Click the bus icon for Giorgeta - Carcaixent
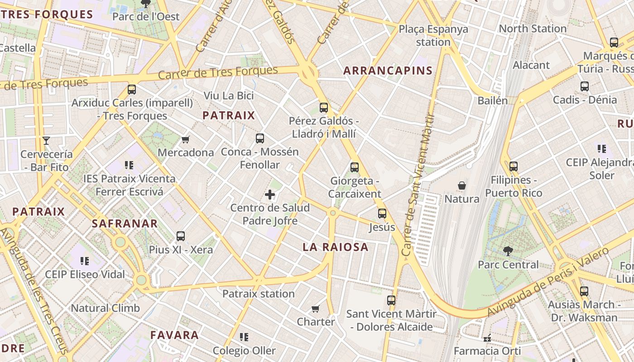pyautogui.click(x=355, y=167)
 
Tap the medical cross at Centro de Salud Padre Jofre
pyautogui.click(x=270, y=195)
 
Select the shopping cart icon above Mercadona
pyautogui.click(x=185, y=139)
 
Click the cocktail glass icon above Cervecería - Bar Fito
pyautogui.click(x=46, y=141)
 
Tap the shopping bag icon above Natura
pyautogui.click(x=462, y=186)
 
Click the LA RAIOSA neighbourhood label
pyautogui.click(x=336, y=247)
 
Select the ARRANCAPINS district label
pyautogui.click(x=388, y=71)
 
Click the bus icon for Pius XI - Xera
pyautogui.click(x=181, y=236)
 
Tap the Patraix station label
pyautogui.click(x=259, y=294)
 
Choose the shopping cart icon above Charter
pyautogui.click(x=316, y=309)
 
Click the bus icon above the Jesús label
pyautogui.click(x=382, y=214)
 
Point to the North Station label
pyautogui.click(x=533, y=29)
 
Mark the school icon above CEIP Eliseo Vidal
pyautogui.click(x=85, y=261)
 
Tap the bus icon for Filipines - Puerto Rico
pyautogui.click(x=513, y=167)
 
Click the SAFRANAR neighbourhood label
pyautogui.click(x=125, y=223)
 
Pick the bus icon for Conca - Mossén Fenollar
pyautogui.click(x=260, y=138)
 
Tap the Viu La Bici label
pyautogui.click(x=229, y=95)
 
